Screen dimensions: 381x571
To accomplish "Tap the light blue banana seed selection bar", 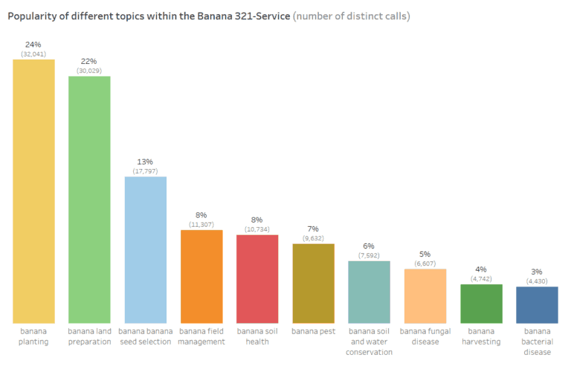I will coord(145,249).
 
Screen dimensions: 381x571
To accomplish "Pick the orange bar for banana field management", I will coord(201,276).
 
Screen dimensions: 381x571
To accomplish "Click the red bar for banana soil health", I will coord(257,278).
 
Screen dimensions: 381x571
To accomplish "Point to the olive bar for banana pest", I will coord(313,283).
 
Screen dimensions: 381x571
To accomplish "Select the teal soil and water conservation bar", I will coord(369,292).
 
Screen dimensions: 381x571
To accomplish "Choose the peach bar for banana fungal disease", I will coord(425,295).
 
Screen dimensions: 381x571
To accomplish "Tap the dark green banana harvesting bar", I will coord(481,303).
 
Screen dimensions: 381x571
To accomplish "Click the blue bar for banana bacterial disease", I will coord(537,304).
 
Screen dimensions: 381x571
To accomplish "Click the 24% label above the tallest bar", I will coord(33,45).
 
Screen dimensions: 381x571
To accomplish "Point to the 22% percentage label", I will coord(89,61).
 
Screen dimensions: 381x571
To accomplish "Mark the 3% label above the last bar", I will coord(537,272).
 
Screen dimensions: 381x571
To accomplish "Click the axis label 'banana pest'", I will coord(313,331).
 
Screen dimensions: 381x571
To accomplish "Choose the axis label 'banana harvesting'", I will coord(481,336).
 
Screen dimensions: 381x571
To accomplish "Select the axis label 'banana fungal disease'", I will coord(425,336).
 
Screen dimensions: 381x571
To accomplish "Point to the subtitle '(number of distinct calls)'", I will coord(352,16).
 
